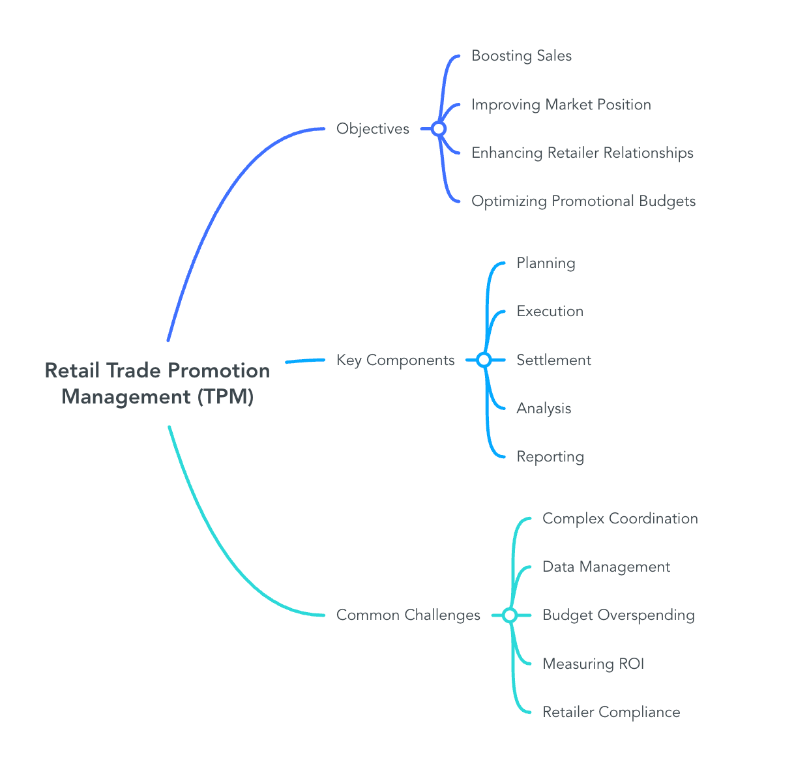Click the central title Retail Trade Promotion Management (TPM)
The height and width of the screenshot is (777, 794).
click(157, 383)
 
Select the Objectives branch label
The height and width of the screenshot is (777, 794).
click(373, 129)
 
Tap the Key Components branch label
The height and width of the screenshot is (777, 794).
click(395, 360)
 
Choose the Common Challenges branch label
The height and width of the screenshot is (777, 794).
click(408, 615)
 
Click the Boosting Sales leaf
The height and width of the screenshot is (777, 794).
click(522, 56)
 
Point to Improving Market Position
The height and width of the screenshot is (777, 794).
click(561, 105)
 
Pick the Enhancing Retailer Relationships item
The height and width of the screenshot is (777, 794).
click(582, 153)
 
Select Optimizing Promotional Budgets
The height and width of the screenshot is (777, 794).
click(583, 201)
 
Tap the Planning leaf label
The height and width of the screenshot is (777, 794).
click(546, 263)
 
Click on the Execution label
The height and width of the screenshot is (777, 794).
click(550, 312)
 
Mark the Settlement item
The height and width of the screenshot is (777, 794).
click(553, 360)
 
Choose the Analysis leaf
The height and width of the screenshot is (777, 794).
click(544, 409)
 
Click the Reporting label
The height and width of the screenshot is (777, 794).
click(550, 457)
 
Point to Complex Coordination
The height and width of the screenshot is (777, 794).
click(620, 519)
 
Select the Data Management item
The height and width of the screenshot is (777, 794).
click(606, 567)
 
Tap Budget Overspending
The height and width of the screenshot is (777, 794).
click(619, 615)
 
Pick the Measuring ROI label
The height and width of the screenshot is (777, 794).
click(593, 664)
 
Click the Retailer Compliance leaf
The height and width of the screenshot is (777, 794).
click(611, 712)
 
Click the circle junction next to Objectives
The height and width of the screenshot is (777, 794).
click(439, 129)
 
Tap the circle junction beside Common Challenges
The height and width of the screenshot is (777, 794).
click(510, 615)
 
